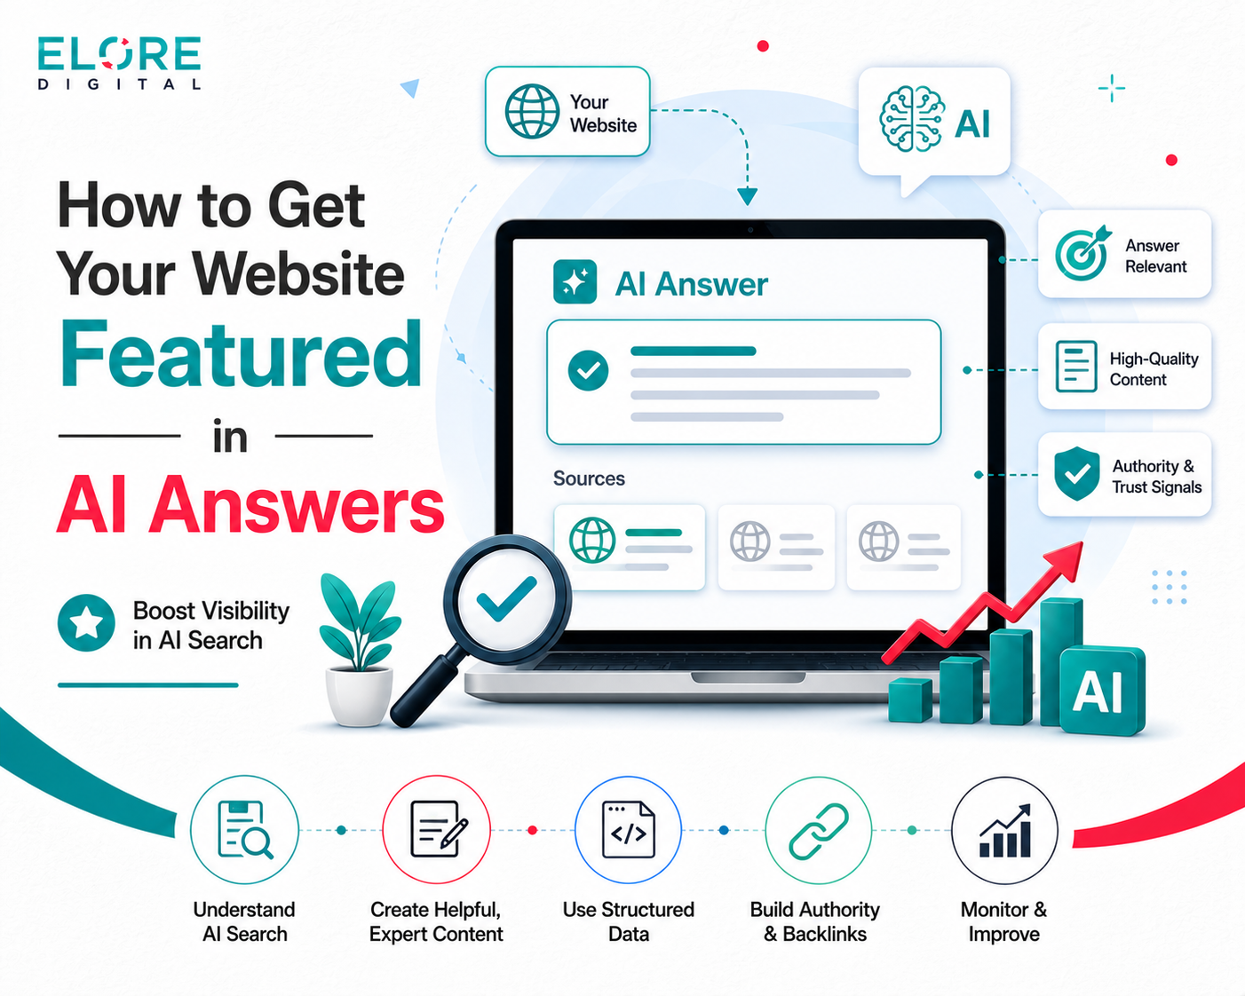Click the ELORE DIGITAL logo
coord(119,63)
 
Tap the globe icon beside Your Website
coord(532,111)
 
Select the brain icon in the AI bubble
coord(912,120)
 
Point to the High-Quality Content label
coord(1154,369)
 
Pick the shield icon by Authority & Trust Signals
coord(1076,473)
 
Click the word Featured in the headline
coord(242,354)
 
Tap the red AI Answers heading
coord(250,504)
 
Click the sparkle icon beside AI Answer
coord(575,281)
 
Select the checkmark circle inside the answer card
coord(588,370)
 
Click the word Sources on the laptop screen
coord(589,478)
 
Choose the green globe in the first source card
coord(591,541)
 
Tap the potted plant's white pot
coord(359,695)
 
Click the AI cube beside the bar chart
coord(1102,690)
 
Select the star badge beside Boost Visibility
coord(86,623)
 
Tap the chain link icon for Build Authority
coord(819,831)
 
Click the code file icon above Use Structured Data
coord(629,829)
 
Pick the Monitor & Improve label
coord(1003,922)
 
